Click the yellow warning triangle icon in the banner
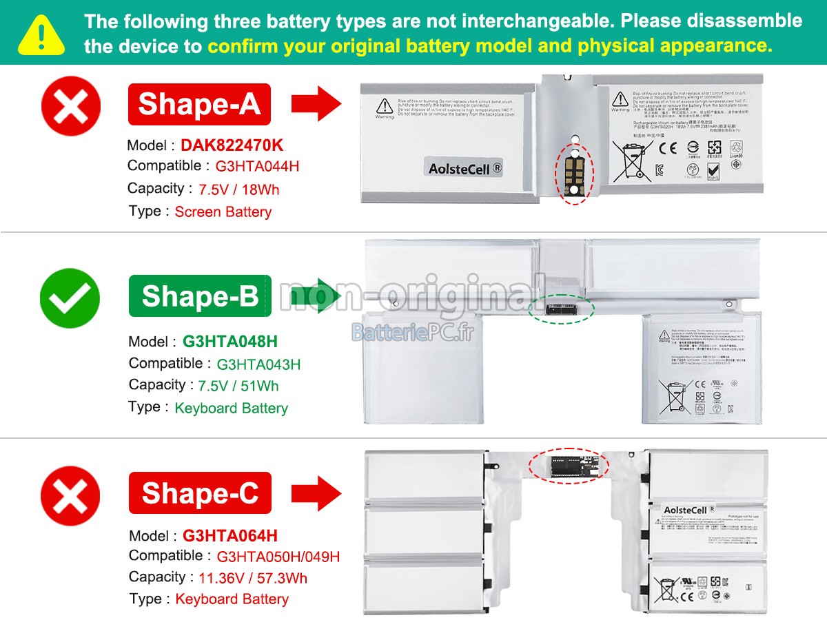[x=41, y=34]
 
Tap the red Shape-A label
[x=199, y=104]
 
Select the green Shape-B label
[x=200, y=296]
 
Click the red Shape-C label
[x=200, y=493]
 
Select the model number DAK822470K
[x=232, y=145]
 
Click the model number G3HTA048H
[x=230, y=342]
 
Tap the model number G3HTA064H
[x=230, y=536]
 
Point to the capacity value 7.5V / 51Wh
[x=238, y=386]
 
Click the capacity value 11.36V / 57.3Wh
[x=253, y=578]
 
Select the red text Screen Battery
[x=223, y=212]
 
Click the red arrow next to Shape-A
[x=316, y=105]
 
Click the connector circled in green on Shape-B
[x=560, y=310]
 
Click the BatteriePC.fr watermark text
[x=412, y=333]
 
